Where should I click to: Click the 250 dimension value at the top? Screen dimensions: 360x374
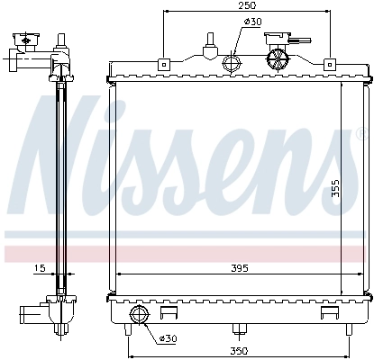[245, 6]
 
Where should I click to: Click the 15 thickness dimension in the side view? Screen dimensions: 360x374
[39, 267]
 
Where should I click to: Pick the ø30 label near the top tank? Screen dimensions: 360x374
[253, 21]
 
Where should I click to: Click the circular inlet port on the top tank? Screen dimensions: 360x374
[233, 64]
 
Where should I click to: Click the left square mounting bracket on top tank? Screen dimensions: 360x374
[163, 64]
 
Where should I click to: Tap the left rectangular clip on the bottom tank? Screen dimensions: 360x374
[169, 314]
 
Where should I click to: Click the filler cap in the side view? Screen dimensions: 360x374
[25, 43]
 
